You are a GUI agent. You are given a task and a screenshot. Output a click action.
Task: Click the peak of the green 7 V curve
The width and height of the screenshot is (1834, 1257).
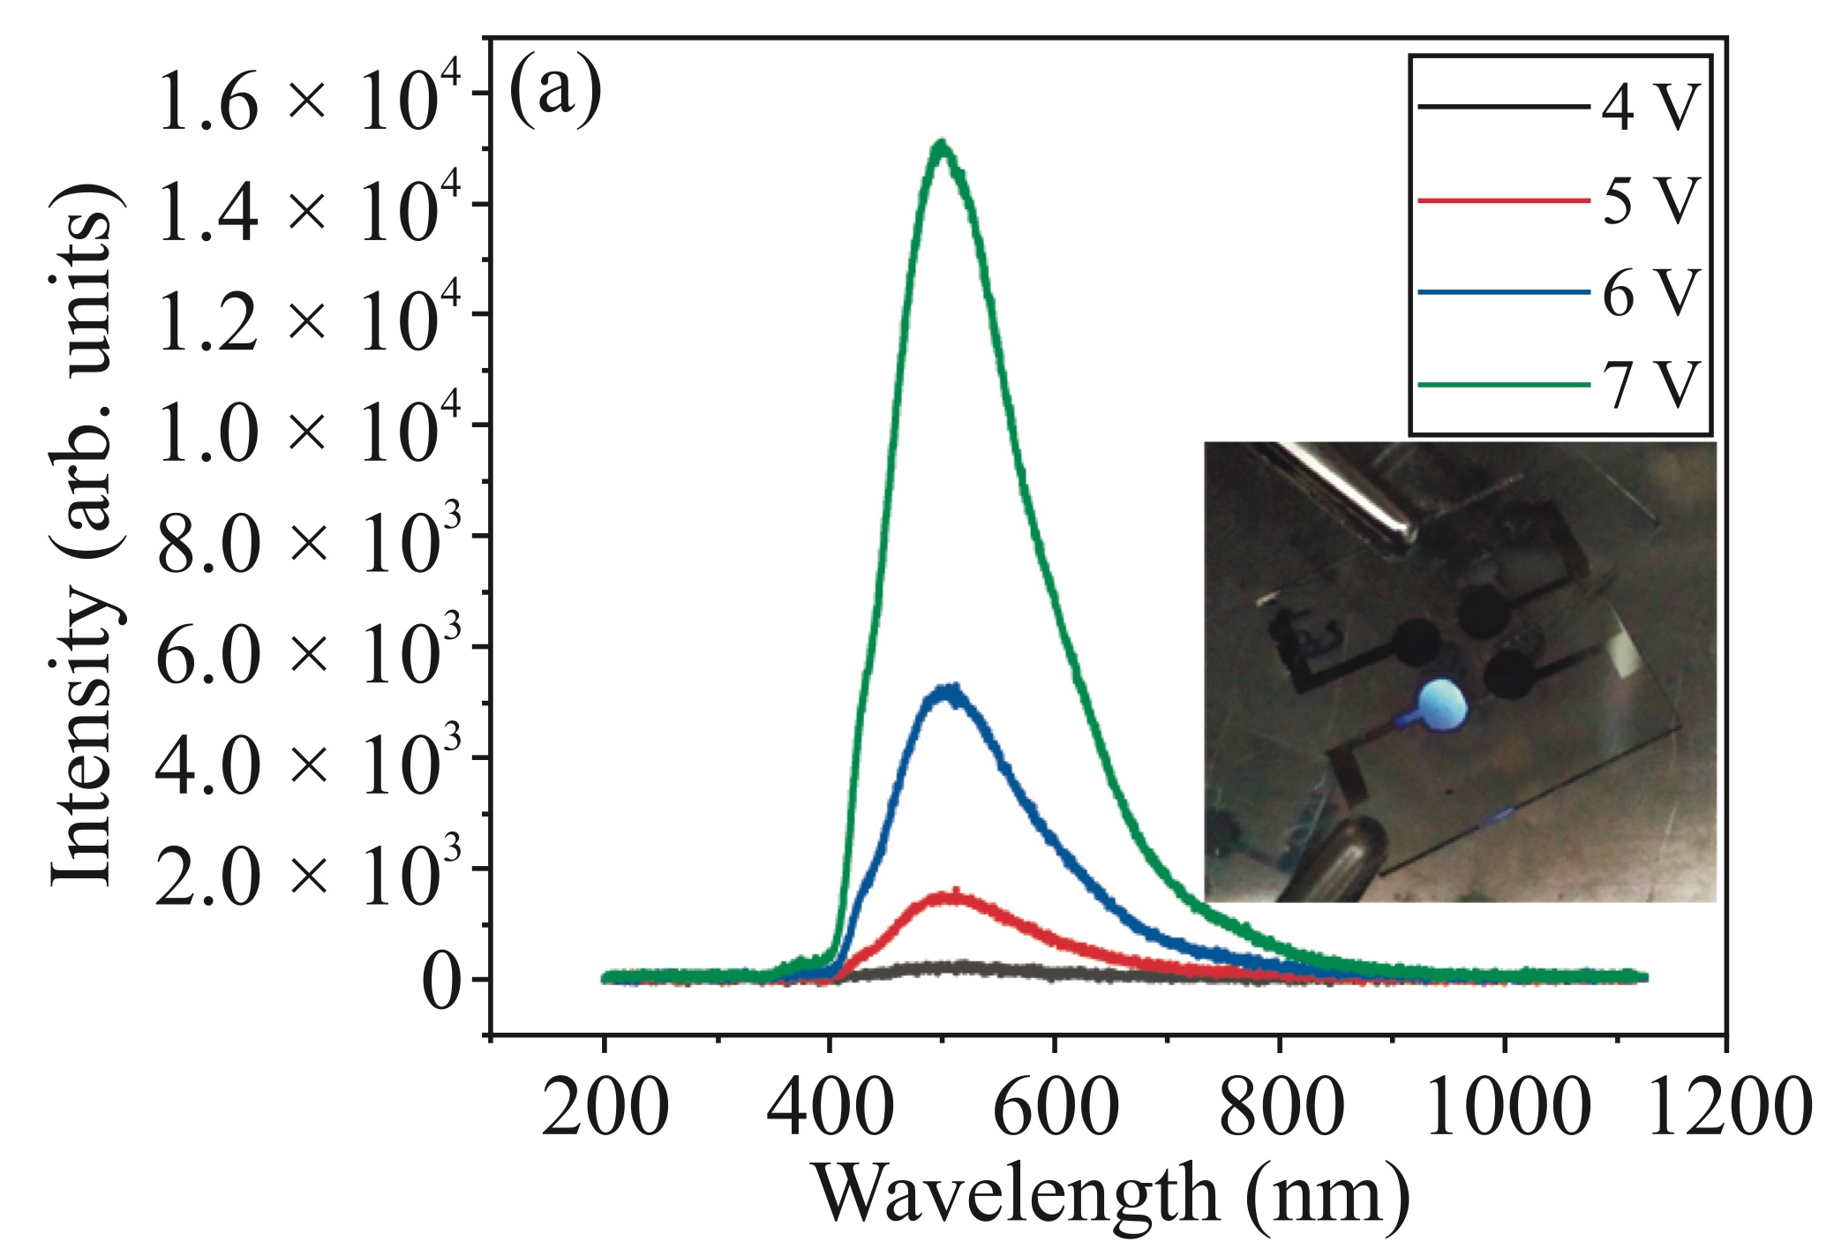click(x=943, y=144)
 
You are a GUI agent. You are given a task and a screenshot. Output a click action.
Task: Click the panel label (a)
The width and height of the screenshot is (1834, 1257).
click(x=555, y=90)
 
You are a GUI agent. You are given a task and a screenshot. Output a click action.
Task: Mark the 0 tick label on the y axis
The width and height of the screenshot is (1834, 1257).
click(x=441, y=982)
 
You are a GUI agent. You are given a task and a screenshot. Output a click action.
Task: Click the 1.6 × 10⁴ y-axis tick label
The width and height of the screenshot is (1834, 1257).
click(x=297, y=105)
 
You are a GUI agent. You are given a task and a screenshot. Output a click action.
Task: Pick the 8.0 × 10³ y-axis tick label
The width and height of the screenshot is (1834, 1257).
click(x=297, y=547)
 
